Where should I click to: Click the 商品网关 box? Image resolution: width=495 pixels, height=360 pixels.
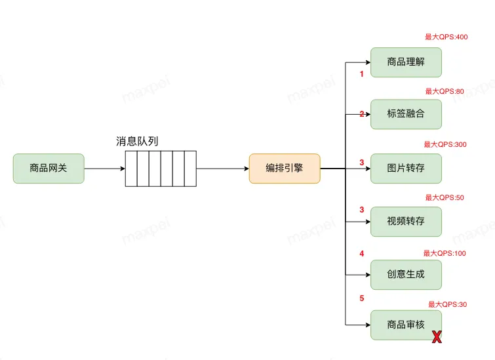[x=49, y=169]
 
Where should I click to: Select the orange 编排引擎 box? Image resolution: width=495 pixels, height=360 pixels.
[x=284, y=169]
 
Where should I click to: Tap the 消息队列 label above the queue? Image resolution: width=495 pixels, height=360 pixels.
[x=137, y=142]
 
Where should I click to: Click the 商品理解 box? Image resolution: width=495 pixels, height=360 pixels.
[x=406, y=62]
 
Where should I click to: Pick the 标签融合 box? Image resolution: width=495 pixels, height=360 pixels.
[x=406, y=113]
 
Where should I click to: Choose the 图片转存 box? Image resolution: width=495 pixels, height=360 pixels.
[x=406, y=168]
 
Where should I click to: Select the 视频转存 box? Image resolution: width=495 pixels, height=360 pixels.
[x=406, y=221]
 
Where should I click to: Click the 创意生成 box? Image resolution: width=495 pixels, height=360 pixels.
[x=406, y=274]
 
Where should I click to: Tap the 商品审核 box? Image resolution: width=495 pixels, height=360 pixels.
[x=406, y=325]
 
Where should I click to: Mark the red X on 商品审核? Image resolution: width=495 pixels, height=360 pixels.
[x=436, y=337]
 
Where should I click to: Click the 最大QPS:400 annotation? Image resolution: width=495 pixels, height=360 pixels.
[x=446, y=37]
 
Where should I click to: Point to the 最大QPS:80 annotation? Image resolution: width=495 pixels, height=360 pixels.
[x=444, y=92]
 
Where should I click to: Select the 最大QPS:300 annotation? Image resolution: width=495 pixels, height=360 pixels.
[x=445, y=144]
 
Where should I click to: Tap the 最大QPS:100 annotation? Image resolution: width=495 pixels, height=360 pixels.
[x=445, y=253]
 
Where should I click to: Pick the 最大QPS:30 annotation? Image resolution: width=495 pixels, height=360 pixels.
[x=447, y=304]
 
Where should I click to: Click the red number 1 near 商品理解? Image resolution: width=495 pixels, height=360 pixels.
[x=361, y=74]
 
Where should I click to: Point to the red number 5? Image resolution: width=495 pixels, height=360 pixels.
[x=361, y=298]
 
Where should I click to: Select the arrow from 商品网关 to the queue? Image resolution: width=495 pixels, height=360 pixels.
[x=104, y=169]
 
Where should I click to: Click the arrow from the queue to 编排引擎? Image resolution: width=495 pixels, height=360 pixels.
[x=222, y=169]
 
